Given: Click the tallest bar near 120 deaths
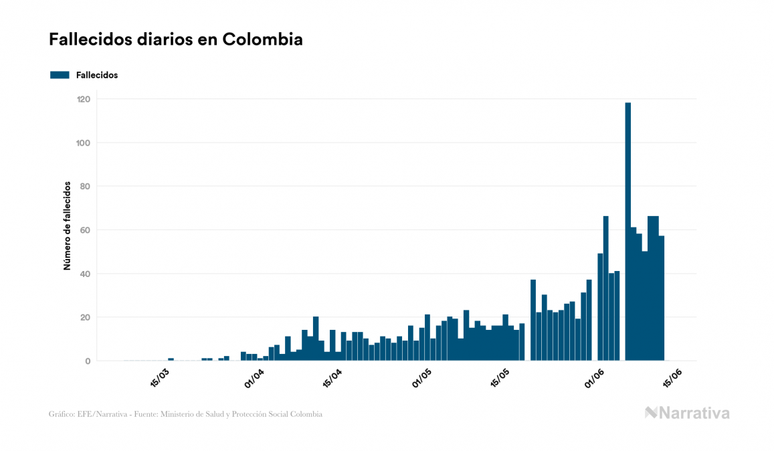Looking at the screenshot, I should point(627,231).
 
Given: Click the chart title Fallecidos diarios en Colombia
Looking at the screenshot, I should point(175,39).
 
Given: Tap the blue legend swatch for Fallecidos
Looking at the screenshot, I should point(60,75).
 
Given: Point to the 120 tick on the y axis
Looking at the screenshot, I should point(84,99).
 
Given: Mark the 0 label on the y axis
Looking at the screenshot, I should point(88,361).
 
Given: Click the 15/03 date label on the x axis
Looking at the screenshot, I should point(160,377).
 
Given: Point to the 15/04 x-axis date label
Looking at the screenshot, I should point(332,377).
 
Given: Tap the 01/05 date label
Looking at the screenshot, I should point(422,377).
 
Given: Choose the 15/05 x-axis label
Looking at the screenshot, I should point(501,377).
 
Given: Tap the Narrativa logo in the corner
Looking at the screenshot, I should point(687,413).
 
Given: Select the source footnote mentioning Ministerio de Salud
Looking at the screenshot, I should point(185,414).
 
